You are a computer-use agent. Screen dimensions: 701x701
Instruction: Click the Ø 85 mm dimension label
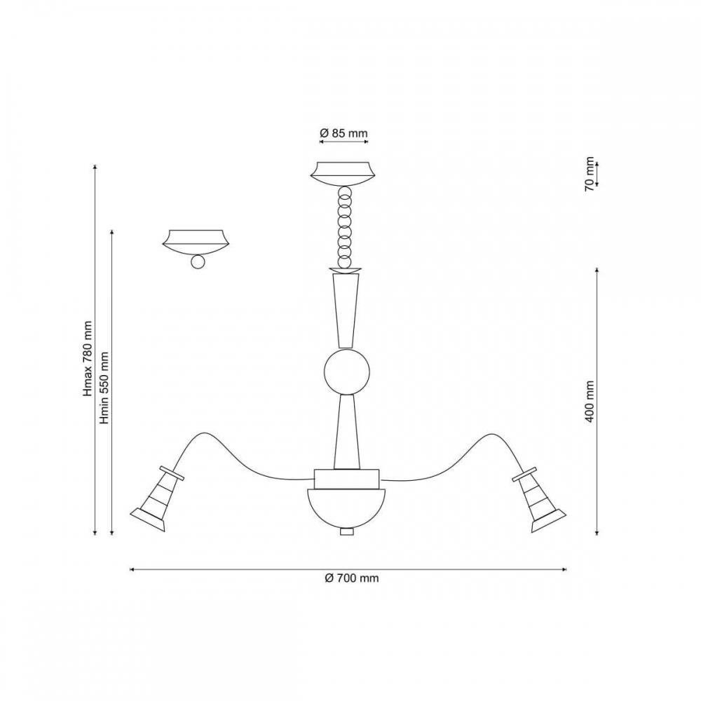(343, 133)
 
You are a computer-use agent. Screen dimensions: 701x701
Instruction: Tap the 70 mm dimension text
(590, 174)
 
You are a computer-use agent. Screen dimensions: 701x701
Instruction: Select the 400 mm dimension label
(590, 402)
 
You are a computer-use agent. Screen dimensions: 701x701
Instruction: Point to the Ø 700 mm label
(352, 578)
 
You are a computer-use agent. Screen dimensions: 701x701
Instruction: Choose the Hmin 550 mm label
(104, 388)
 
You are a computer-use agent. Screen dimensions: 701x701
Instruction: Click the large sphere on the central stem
(347, 372)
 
